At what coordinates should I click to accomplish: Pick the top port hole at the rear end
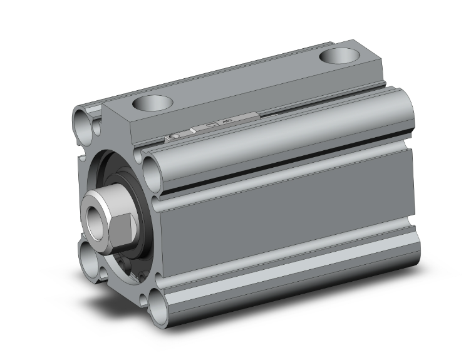[339, 56]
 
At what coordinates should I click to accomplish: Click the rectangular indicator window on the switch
[212, 125]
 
